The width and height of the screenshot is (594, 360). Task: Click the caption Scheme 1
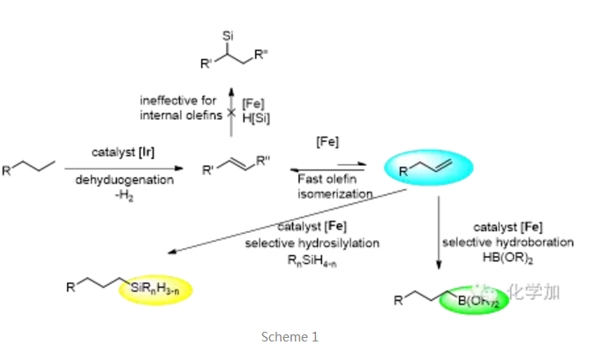click(x=289, y=336)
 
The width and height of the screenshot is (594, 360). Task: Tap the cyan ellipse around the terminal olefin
click(x=427, y=167)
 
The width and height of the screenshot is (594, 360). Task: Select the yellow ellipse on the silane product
click(x=163, y=289)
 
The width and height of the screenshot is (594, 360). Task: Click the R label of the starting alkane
click(x=7, y=169)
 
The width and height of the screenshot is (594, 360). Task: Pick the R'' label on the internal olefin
click(x=262, y=161)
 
